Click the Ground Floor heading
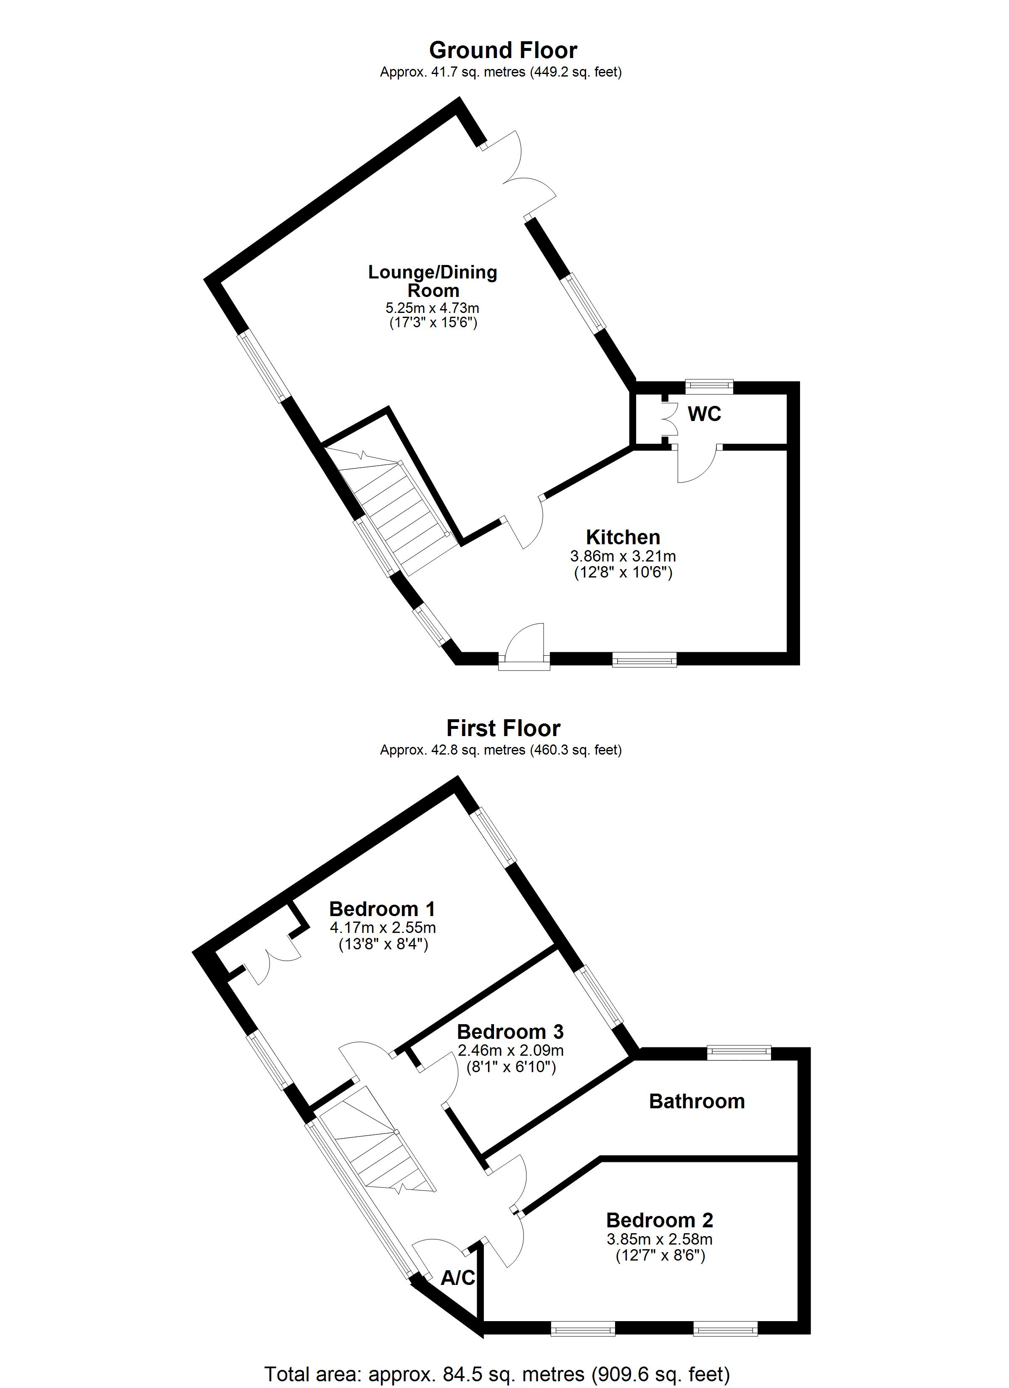503,50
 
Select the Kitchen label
623,538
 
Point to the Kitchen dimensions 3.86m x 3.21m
623,556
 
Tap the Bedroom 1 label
382,909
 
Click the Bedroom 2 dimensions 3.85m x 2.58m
660,1240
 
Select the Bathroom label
697,1102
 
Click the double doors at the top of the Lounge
520,175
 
